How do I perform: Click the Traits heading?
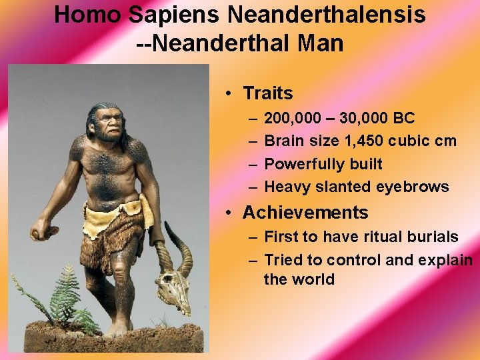coord(267,93)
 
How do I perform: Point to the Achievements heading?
coord(305,213)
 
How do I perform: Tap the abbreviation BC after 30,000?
coord(404,119)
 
